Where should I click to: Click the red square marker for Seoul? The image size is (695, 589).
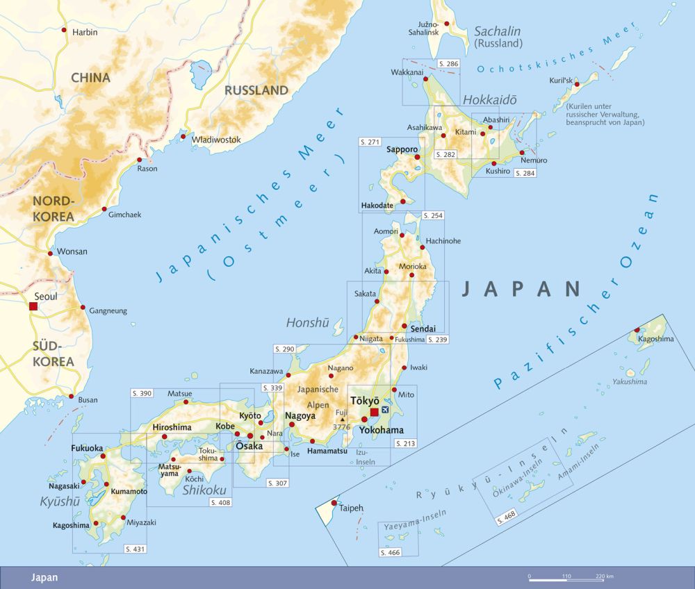click(33, 306)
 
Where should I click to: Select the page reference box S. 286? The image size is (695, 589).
click(449, 63)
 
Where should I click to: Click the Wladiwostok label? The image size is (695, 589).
click(216, 140)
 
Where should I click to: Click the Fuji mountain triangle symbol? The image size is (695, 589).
click(342, 419)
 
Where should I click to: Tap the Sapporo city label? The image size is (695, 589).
click(402, 149)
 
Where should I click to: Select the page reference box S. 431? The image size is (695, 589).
click(136, 549)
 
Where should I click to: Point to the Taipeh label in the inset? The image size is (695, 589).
click(352, 508)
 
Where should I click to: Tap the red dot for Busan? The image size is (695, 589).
click(71, 397)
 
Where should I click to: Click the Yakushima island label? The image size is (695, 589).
click(630, 381)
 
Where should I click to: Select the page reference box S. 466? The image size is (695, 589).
click(391, 552)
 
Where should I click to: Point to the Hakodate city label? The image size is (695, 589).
click(377, 206)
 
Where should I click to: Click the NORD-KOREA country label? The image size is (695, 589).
click(53, 209)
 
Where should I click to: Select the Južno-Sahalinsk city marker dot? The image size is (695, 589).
click(446, 23)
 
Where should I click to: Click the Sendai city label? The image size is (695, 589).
click(423, 328)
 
